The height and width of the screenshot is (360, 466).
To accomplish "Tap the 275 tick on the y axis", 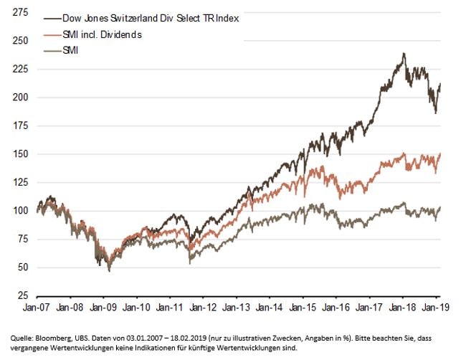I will [x=21, y=13].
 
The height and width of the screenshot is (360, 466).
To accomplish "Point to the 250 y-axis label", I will [x=21, y=41].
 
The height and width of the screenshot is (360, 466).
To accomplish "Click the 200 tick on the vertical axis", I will [x=21, y=98].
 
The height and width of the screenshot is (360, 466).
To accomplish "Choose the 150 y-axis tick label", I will [x=21, y=154].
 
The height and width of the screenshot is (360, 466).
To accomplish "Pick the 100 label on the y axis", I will [x=21, y=211].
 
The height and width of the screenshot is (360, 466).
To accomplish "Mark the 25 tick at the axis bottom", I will [x=23, y=295].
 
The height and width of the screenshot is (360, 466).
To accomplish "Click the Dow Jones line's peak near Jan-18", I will [x=404, y=53].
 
